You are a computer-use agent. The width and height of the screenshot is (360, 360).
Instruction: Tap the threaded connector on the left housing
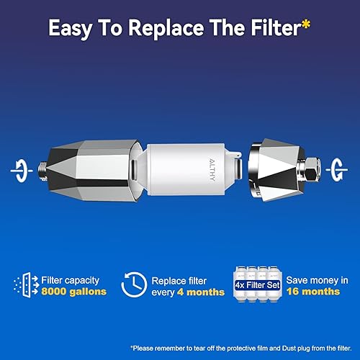(44, 171)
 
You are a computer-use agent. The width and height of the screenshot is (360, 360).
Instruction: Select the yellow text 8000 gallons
(73, 292)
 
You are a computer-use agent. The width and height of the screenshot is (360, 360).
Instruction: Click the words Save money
(305, 279)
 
